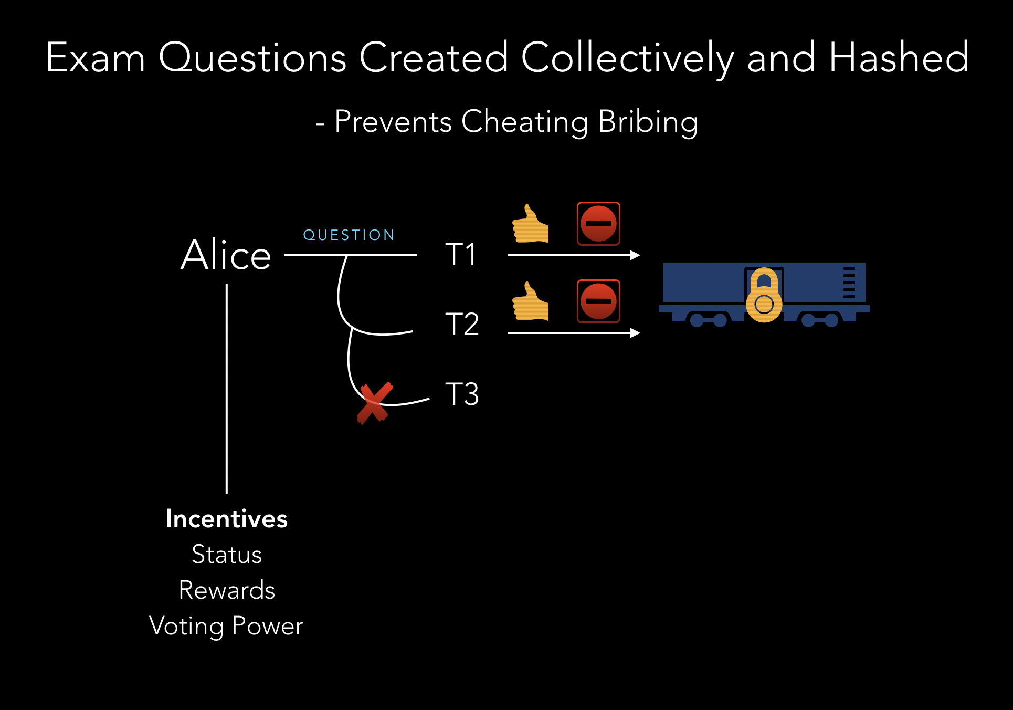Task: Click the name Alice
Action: pos(226,255)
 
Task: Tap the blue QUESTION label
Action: pos(349,235)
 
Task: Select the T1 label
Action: pos(461,255)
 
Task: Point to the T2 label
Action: pos(462,324)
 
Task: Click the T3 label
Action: pos(462,394)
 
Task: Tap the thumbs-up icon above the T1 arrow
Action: pos(530,224)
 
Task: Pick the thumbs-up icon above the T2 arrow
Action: pos(530,302)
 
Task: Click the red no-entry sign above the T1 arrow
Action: pos(598,224)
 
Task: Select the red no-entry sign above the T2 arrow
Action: pos(598,301)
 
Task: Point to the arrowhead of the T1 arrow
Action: pos(635,255)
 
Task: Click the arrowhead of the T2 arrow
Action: pos(635,332)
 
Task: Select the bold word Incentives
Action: pos(227,519)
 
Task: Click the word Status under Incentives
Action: pos(227,555)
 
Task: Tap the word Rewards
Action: pos(227,590)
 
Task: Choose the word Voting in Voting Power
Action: pos(186,626)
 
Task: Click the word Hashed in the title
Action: pos(899,58)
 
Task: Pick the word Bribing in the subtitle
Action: pos(648,122)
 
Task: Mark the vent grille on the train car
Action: pos(849,283)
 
